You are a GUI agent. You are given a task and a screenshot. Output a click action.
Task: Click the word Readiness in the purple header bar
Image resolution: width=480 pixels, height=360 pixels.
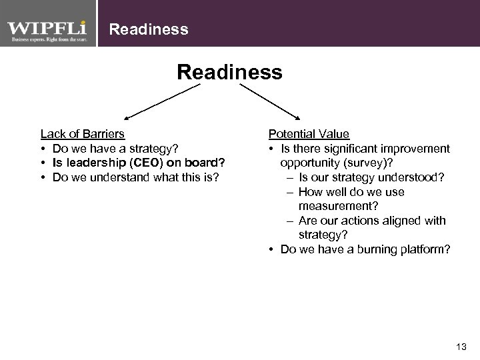[148, 29]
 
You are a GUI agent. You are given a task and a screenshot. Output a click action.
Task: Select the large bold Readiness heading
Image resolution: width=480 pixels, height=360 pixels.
[230, 71]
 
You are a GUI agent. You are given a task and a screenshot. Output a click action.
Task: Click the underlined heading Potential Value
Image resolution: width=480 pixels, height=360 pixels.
[308, 134]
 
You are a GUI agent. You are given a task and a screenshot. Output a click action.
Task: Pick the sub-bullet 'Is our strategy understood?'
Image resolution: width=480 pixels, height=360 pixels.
[371, 177]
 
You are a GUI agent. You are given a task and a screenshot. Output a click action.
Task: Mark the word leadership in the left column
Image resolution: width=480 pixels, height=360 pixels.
[97, 163]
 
